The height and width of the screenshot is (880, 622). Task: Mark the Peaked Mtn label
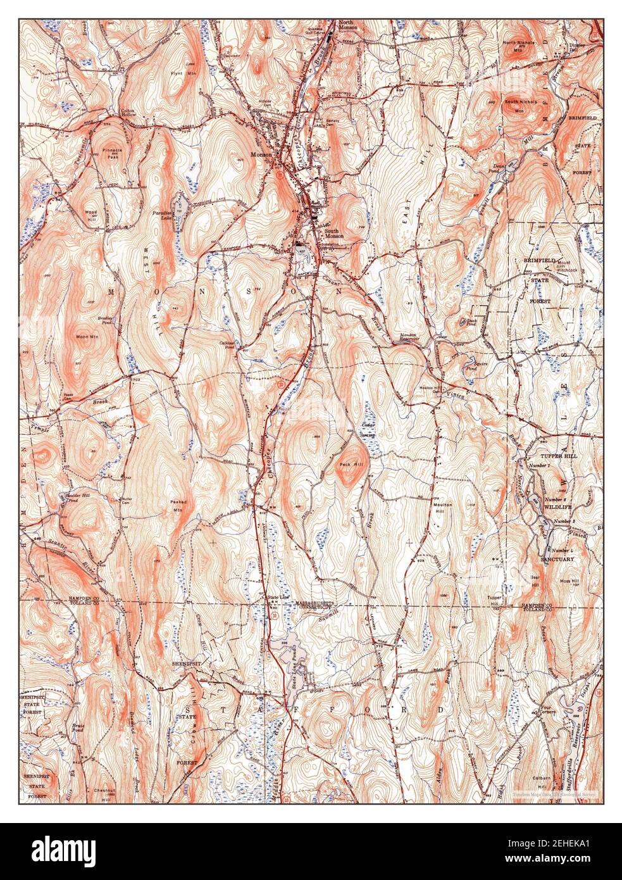[x=177, y=505]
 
